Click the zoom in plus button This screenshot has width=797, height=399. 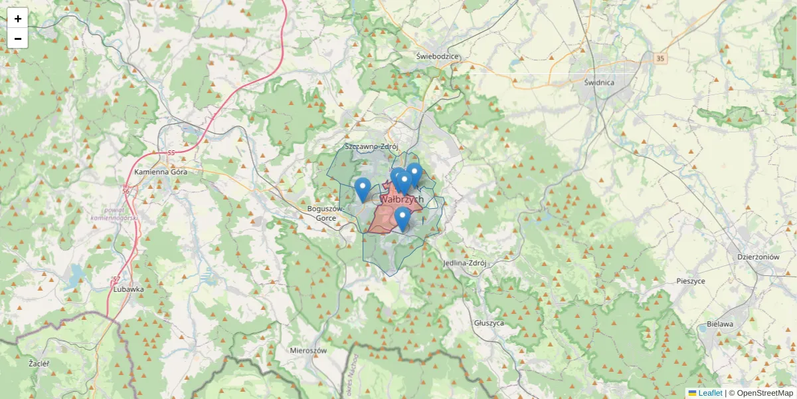[18, 19]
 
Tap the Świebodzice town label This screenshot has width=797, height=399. [438, 57]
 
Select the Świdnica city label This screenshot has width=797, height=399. [599, 82]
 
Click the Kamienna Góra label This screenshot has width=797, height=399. [161, 172]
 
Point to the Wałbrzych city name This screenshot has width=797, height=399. [402, 199]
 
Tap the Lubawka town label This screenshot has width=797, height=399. [128, 289]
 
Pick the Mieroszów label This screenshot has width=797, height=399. [309, 350]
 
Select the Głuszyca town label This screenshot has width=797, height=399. [489, 323]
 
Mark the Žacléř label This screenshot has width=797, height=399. [39, 364]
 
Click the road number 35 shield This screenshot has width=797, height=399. [660, 59]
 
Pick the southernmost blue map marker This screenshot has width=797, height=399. [402, 219]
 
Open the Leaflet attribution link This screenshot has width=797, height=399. [710, 393]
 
